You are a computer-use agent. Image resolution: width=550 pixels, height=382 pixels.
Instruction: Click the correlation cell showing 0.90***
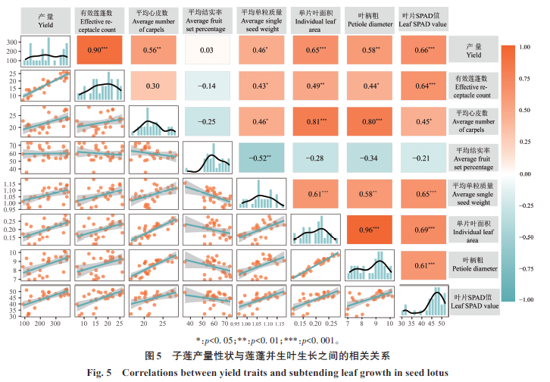[101, 50]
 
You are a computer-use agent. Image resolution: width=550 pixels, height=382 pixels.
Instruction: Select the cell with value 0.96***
[368, 230]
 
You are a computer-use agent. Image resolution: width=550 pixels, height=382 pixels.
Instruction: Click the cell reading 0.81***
[314, 122]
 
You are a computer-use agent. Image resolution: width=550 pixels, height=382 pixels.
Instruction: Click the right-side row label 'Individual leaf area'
[473, 230]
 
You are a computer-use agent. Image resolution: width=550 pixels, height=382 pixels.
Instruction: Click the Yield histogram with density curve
[47, 50]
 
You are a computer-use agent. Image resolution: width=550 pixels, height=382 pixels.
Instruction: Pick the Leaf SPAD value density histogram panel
[422, 300]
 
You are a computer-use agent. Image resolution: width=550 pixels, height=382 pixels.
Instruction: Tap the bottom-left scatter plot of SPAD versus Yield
[47, 302]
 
